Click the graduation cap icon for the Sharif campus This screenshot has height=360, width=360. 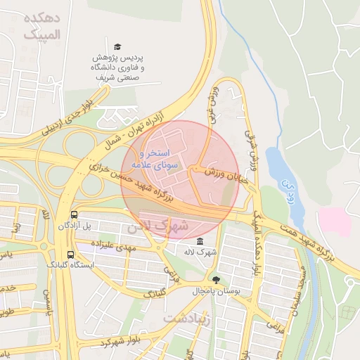pyautogui.click(x=117, y=46)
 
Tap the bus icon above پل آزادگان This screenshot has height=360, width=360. pyautogui.click(x=74, y=214)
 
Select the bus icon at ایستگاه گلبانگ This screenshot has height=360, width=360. pyautogui.click(x=70, y=255)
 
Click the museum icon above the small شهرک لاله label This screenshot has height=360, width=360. pyautogui.click(x=200, y=240)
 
